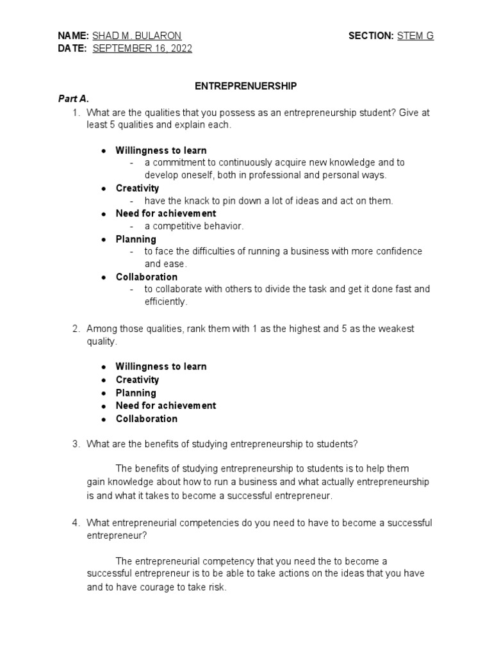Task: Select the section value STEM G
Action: [x=415, y=37]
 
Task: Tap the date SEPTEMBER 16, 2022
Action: [x=142, y=49]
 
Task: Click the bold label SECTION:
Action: [x=371, y=37]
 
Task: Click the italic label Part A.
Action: [x=73, y=99]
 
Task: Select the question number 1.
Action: [x=75, y=113]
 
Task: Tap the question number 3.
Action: [x=75, y=444]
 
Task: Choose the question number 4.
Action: [x=75, y=523]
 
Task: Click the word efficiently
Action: [x=165, y=301]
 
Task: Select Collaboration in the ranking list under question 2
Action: [x=147, y=419]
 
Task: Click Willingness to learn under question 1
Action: [x=161, y=151]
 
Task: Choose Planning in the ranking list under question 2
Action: [x=136, y=393]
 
